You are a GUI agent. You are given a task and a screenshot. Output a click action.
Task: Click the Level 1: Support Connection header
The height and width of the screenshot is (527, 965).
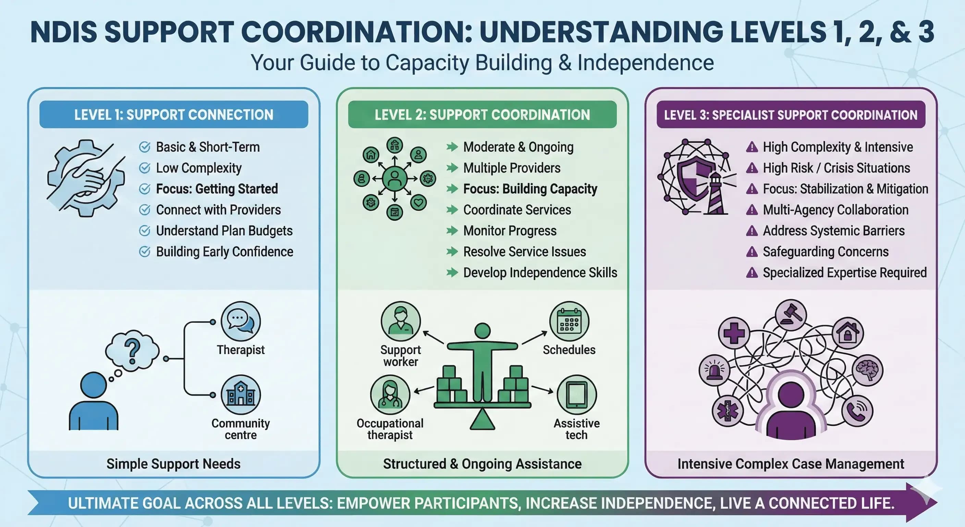click(173, 114)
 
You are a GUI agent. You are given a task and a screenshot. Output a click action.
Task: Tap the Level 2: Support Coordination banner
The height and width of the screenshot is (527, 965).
click(482, 114)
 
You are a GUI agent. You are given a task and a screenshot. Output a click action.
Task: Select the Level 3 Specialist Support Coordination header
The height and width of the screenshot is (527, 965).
click(791, 114)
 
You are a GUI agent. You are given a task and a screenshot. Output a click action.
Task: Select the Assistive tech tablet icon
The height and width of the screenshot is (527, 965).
click(576, 395)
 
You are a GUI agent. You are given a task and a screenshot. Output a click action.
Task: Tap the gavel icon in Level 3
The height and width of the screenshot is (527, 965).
click(791, 314)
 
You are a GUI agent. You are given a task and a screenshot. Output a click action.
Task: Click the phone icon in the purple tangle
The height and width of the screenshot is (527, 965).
click(857, 411)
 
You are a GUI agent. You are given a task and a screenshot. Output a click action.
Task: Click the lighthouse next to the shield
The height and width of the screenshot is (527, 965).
click(716, 193)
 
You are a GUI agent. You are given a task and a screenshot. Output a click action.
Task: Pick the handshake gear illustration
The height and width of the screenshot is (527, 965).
click(86, 178)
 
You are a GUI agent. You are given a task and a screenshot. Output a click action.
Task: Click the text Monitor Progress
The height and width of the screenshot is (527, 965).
click(510, 231)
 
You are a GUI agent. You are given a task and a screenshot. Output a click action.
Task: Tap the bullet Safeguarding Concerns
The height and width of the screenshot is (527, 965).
click(825, 252)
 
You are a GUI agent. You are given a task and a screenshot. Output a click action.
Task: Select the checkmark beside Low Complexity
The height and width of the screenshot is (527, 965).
click(145, 168)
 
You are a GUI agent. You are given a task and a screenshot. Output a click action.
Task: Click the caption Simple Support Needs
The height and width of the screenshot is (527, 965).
click(173, 464)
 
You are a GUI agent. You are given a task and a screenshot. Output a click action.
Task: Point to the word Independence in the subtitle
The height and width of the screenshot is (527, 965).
click(645, 63)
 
